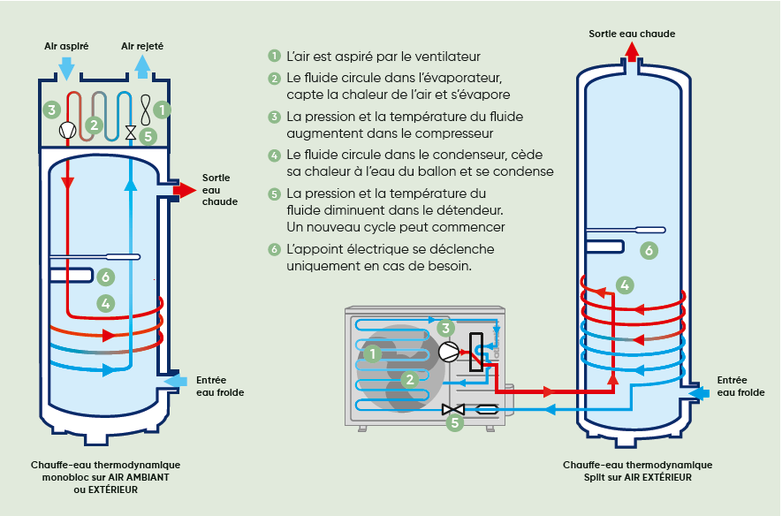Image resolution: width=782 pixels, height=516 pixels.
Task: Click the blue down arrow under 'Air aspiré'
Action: coord(66,67)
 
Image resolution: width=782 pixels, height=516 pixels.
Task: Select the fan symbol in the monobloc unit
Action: coord(144,110)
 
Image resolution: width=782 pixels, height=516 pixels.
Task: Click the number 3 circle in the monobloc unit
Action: coord(52,110)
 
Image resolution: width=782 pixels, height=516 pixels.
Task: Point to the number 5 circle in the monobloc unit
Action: coord(148,136)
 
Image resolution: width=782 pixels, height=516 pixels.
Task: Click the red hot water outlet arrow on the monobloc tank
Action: coord(185,189)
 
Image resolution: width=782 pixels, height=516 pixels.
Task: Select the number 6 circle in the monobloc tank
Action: coord(106,277)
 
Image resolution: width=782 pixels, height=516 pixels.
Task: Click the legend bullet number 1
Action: coord(275,56)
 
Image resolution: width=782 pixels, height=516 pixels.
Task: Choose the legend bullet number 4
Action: coord(275,156)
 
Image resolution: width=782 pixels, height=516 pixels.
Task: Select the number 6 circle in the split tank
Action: coord(649,251)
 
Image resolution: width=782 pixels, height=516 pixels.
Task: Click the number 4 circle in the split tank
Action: coord(625,285)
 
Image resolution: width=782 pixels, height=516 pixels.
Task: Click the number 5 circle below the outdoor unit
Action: coord(454,423)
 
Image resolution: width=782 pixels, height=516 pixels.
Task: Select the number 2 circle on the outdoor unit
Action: coord(408,380)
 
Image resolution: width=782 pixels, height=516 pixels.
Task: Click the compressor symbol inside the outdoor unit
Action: coord(450,351)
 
